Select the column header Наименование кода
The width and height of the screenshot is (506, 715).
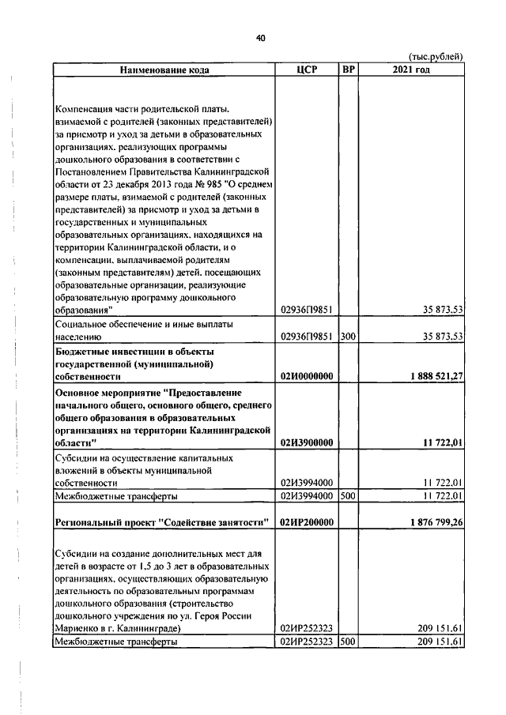[x=164, y=70]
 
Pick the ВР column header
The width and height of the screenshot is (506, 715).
[x=348, y=70]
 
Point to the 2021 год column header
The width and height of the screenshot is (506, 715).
[x=410, y=70]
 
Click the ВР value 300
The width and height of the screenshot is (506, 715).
[x=348, y=336]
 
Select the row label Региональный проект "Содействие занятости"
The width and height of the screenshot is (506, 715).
[x=161, y=522]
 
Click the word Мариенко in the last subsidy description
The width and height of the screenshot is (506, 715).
[x=76, y=628]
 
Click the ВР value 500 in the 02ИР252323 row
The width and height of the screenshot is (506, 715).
[x=348, y=642]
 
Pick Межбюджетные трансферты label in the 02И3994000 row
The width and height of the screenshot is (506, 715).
[x=115, y=496]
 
